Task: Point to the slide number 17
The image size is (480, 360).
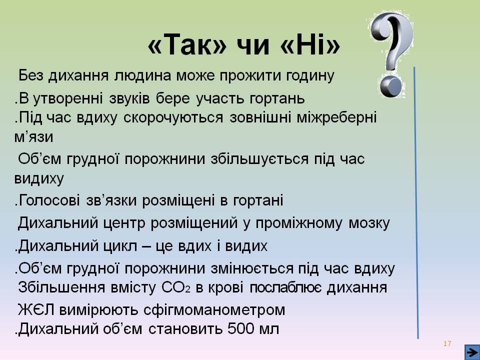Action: point(447,343)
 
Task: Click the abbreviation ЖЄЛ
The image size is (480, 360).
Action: point(37,310)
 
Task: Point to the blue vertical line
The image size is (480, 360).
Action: point(416,200)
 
